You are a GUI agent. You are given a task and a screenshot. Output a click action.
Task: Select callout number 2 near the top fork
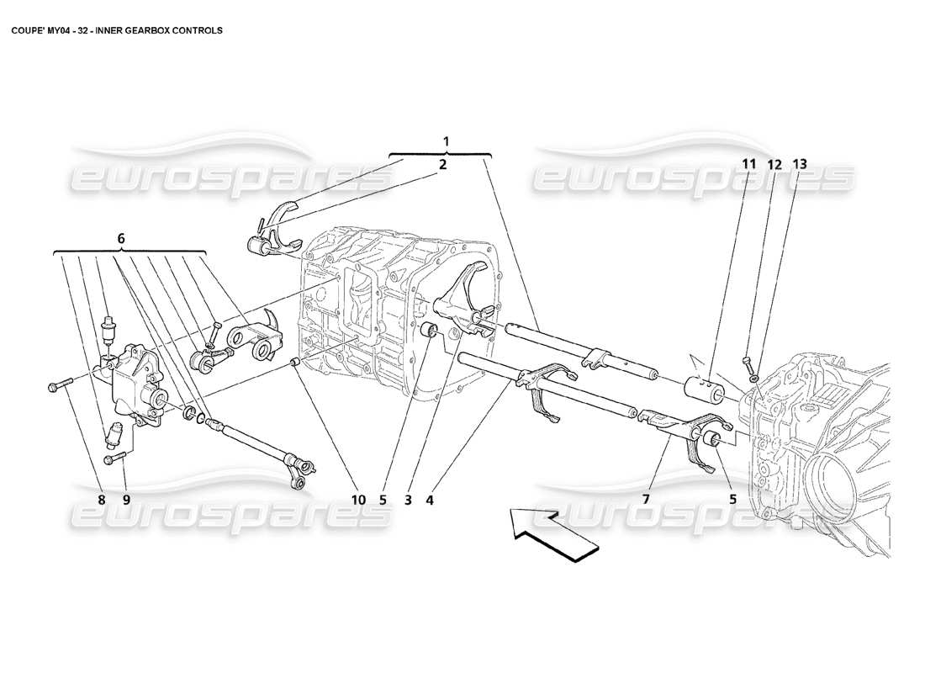tap(442, 166)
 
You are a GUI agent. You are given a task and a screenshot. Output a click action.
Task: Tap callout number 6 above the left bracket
tap(121, 239)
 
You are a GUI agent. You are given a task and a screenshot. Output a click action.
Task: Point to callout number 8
tap(101, 499)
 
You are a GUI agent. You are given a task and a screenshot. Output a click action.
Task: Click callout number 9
tap(126, 499)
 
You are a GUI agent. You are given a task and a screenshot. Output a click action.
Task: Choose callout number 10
tap(359, 499)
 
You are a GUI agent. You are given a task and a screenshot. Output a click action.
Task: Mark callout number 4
tap(430, 499)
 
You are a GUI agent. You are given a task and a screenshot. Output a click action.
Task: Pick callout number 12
tap(774, 164)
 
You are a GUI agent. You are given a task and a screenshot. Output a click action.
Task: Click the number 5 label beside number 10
tap(383, 499)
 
